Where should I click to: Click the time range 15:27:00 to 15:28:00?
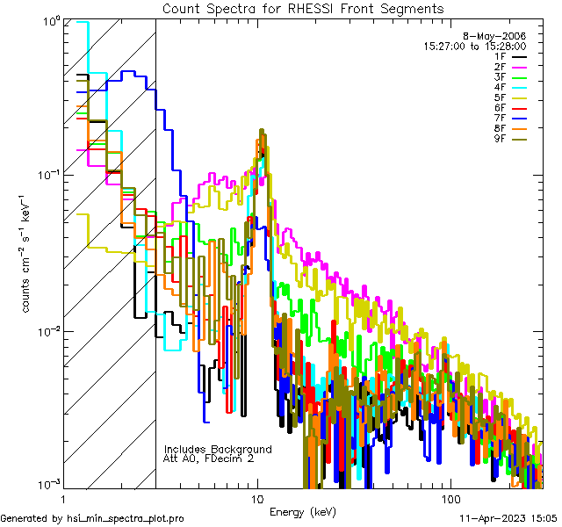[474, 46]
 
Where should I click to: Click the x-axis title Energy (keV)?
[303, 511]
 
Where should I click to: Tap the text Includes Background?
[218, 449]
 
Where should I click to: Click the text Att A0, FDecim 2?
[209, 458]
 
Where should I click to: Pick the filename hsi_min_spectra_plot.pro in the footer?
[126, 518]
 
